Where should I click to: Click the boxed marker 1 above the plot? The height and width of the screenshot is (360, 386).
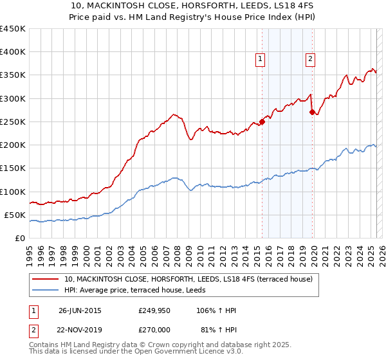click(x=261, y=59)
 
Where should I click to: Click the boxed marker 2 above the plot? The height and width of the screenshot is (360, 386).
click(x=310, y=59)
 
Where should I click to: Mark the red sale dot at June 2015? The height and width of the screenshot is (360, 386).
click(x=262, y=122)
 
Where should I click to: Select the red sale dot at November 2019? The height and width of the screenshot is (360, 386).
click(x=313, y=113)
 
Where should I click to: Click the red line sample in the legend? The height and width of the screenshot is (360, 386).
click(x=46, y=279)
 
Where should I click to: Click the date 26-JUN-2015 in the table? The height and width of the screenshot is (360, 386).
click(x=80, y=310)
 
